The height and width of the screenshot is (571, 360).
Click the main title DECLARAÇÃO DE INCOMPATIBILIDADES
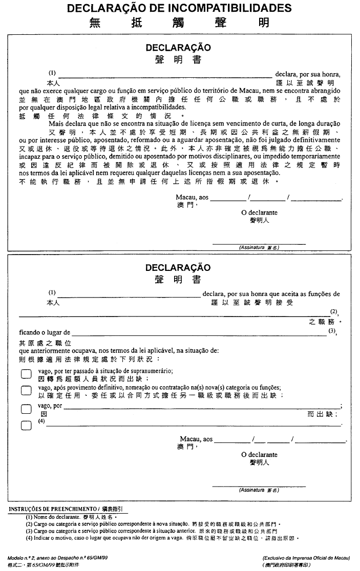(x=179, y=8)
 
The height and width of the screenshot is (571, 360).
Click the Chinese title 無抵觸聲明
(x=179, y=23)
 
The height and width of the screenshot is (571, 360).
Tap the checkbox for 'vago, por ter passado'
(x=26, y=374)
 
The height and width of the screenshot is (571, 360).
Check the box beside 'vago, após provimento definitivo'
(x=26, y=391)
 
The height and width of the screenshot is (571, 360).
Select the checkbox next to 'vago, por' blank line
(x=26, y=409)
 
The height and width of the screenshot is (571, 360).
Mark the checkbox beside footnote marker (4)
(x=26, y=425)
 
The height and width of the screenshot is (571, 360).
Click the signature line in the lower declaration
(x=259, y=486)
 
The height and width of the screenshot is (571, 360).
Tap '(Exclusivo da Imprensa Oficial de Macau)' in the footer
(x=306, y=557)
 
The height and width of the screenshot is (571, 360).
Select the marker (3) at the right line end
(x=332, y=331)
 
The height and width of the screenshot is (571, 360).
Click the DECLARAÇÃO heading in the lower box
(x=178, y=268)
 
